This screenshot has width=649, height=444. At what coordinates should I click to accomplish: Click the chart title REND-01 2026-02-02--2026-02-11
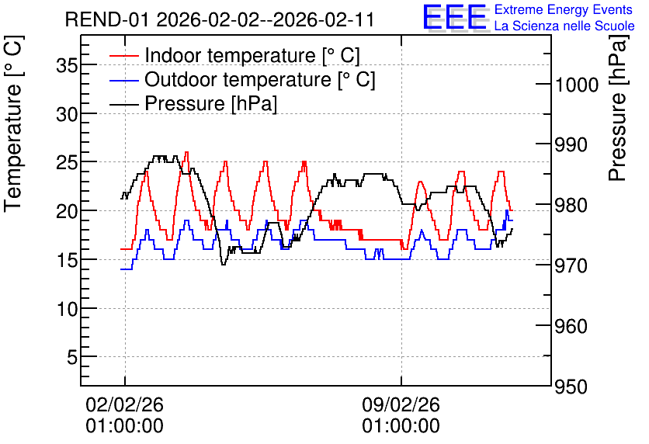[220, 19]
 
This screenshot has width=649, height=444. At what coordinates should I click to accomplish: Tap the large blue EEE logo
[455, 17]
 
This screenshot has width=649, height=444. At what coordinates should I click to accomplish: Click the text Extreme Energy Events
[564, 9]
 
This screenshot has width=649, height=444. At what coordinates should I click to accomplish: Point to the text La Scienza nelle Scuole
[564, 26]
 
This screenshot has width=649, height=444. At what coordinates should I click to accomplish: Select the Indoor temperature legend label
[252, 55]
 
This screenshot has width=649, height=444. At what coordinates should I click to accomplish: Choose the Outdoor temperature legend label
[260, 79]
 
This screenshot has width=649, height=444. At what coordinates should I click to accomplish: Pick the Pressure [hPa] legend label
[210, 103]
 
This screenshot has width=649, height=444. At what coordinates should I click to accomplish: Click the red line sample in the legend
[123, 55]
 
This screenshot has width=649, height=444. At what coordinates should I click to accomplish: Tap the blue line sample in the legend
[123, 79]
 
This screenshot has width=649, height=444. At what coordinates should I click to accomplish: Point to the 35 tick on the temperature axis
[67, 65]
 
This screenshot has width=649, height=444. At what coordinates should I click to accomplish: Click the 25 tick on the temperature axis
[67, 162]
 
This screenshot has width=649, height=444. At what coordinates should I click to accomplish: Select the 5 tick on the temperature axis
[72, 357]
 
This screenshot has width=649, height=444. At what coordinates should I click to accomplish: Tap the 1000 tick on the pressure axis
[577, 85]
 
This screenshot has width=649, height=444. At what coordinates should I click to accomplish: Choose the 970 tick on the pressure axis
[571, 265]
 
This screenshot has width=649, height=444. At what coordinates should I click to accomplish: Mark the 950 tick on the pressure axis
[571, 387]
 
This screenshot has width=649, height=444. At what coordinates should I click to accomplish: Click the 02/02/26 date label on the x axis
[124, 404]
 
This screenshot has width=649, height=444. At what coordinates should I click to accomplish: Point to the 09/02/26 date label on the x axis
[401, 404]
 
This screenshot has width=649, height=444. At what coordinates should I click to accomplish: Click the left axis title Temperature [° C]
[14, 124]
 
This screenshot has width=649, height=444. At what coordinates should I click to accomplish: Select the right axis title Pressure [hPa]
[618, 108]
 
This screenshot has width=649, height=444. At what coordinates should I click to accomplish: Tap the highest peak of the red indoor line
[186, 152]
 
